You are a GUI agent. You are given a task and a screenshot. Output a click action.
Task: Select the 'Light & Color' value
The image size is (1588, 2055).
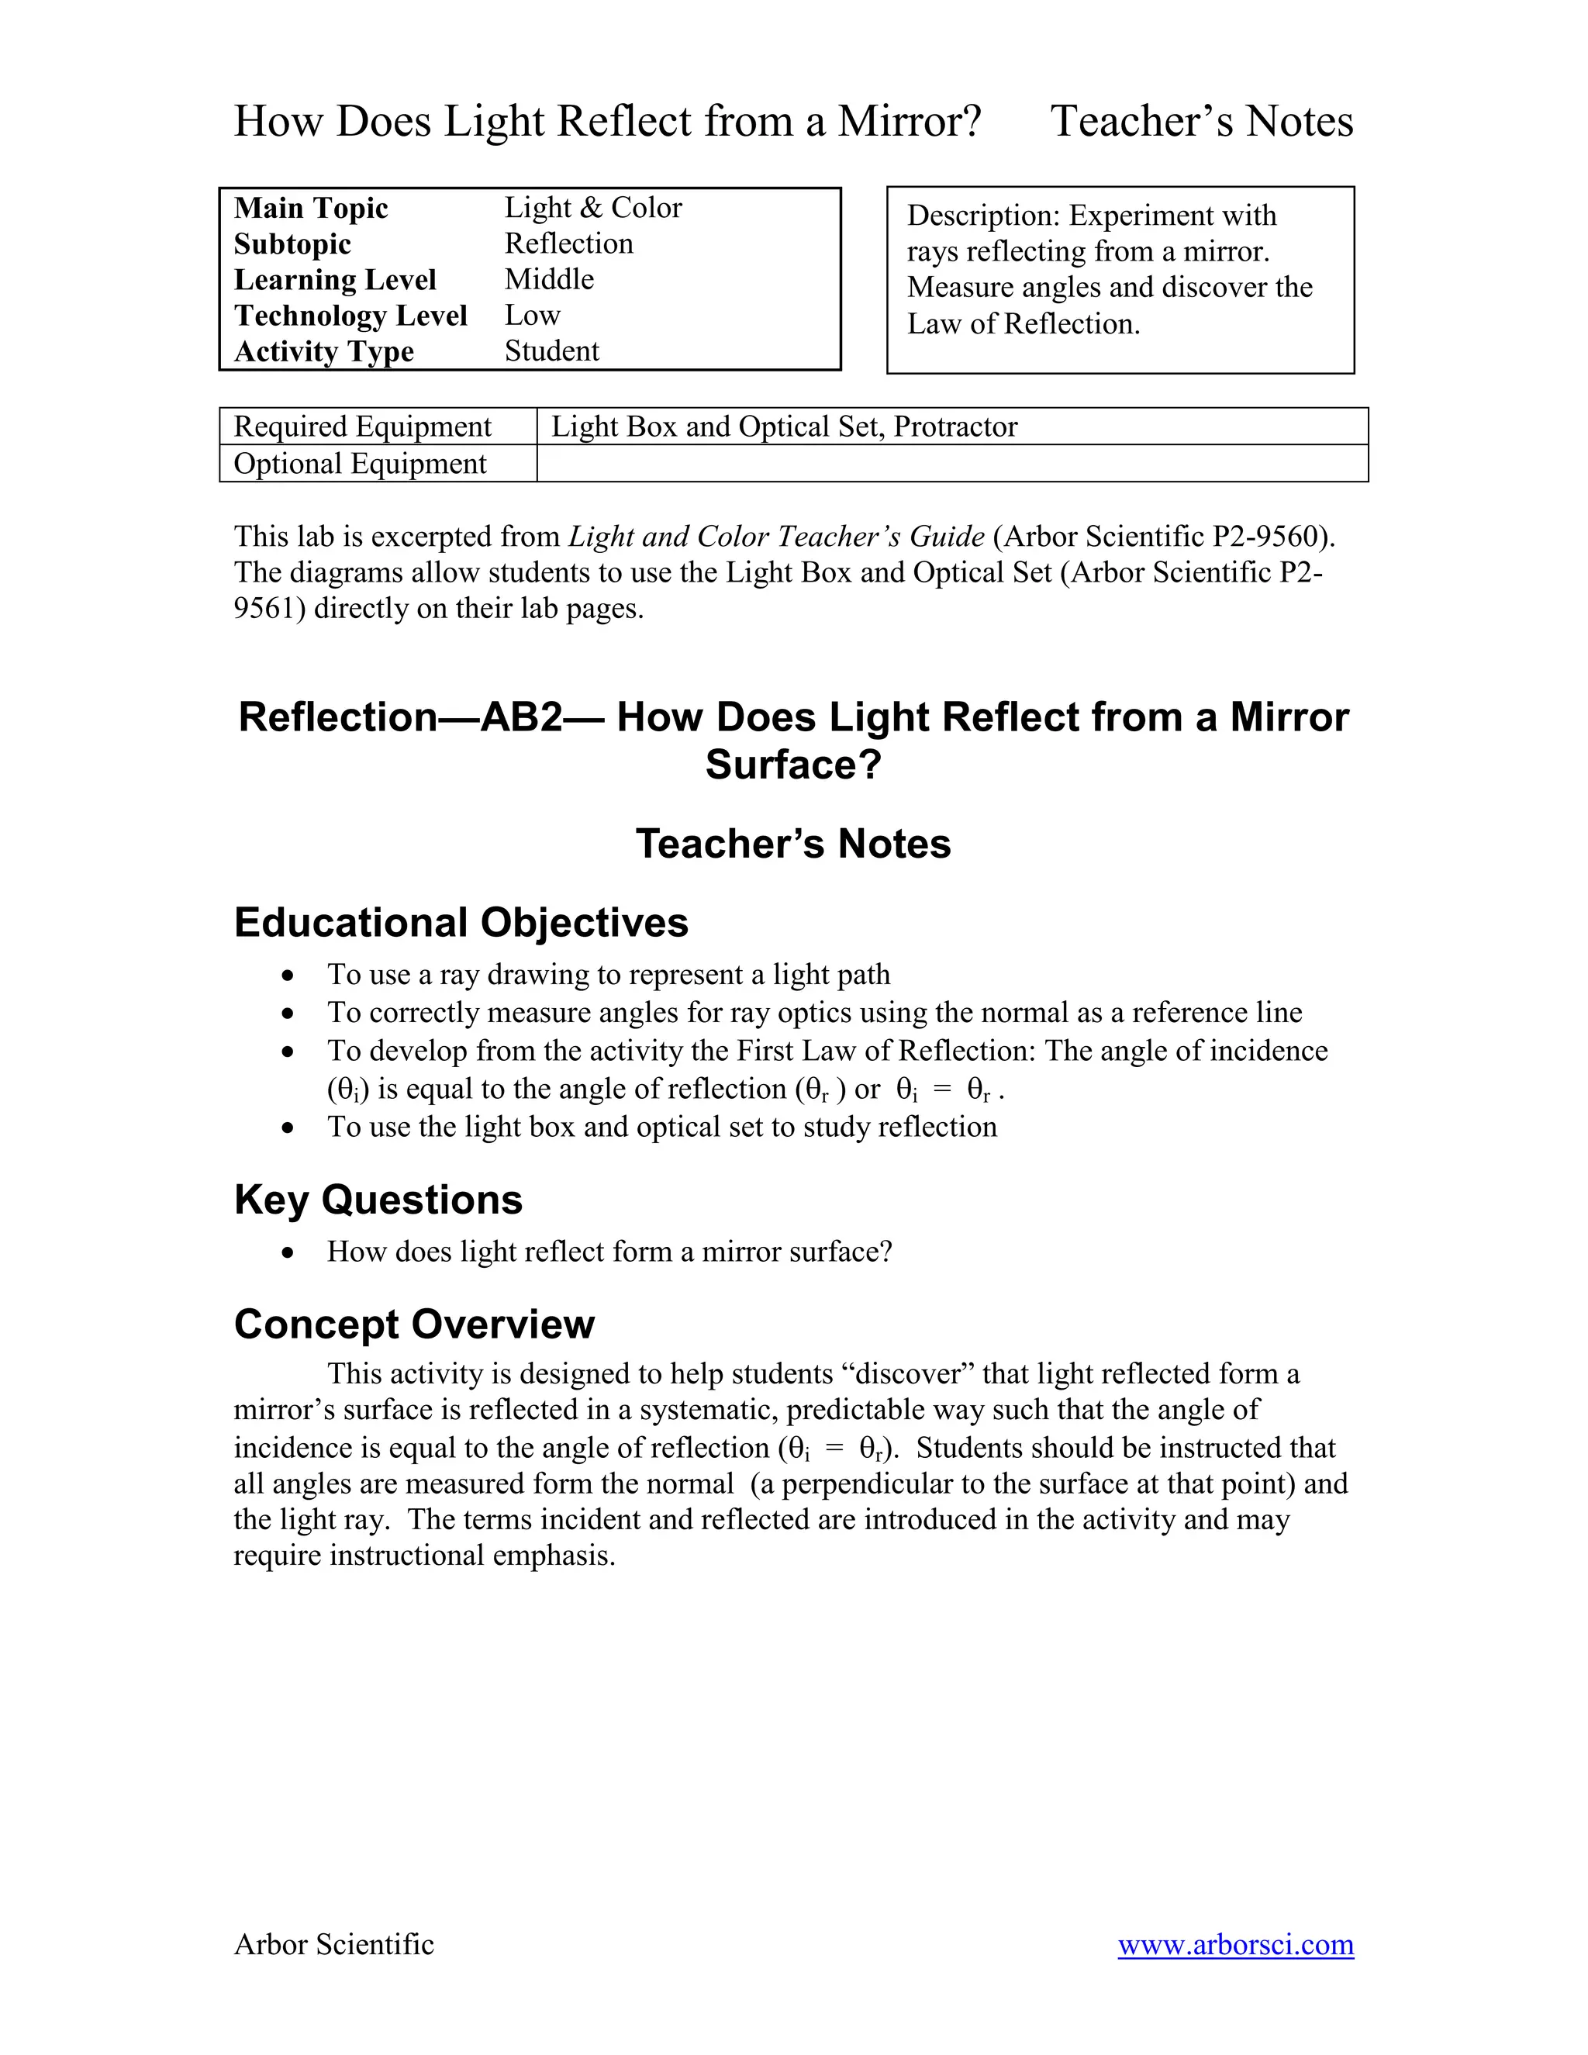click(x=592, y=208)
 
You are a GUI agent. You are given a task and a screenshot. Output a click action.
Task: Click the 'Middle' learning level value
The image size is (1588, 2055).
click(x=550, y=279)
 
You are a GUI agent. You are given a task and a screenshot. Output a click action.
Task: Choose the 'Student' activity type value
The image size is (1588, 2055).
click(x=551, y=351)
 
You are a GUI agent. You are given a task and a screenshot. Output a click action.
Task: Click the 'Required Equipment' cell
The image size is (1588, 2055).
click(x=362, y=427)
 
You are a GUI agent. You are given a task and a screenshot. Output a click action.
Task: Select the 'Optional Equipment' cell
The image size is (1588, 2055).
click(x=361, y=464)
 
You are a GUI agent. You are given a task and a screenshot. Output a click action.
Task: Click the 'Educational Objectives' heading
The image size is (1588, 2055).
click(x=461, y=922)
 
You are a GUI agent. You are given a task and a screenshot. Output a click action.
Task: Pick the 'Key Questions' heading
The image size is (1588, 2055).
click(x=378, y=1200)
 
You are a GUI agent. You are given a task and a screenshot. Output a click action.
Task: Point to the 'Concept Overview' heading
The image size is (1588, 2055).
click(x=414, y=1324)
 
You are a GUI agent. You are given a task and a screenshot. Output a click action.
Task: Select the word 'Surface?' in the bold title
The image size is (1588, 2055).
click(x=793, y=765)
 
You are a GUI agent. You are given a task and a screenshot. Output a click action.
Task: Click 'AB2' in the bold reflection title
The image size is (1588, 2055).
click(x=521, y=717)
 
